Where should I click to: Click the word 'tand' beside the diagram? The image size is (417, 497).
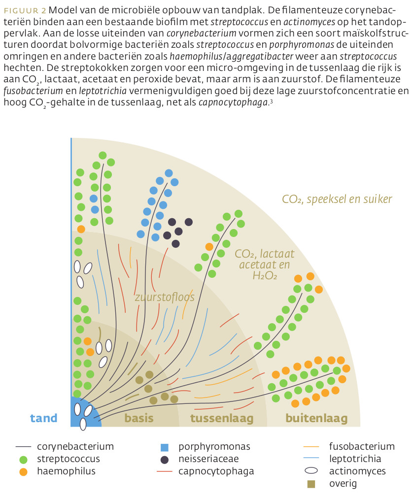(43, 418)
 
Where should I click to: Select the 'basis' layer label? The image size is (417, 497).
(139, 418)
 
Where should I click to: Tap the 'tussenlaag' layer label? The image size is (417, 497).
(222, 418)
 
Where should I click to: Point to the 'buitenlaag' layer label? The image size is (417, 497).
(316, 418)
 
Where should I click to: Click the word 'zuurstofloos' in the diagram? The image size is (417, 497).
(165, 297)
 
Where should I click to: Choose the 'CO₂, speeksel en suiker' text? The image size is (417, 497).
(337, 199)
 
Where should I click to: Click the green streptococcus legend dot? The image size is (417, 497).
(23, 459)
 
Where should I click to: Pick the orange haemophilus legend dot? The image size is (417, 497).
(23, 471)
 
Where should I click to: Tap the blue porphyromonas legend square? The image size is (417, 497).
(165, 447)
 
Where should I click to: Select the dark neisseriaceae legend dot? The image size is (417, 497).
(165, 459)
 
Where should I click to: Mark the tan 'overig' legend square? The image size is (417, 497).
(311, 484)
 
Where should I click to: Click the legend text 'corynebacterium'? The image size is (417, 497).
(75, 447)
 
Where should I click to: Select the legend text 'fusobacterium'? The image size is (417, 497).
(362, 447)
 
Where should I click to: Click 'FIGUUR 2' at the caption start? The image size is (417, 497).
(25, 10)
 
